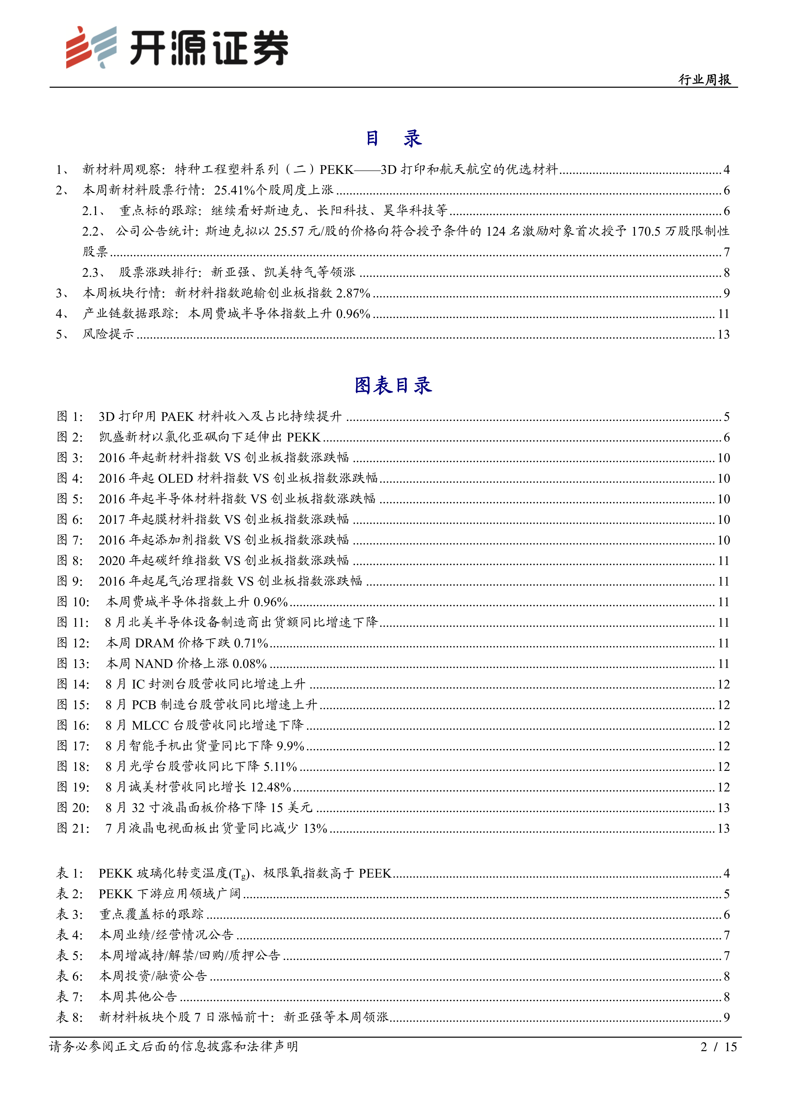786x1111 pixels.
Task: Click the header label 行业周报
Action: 704,79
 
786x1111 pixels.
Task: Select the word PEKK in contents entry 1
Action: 337,169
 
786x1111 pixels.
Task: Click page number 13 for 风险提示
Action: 723,334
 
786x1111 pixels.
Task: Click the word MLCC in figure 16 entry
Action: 150,725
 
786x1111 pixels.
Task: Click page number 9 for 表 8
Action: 726,1017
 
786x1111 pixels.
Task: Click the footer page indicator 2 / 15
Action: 718,1047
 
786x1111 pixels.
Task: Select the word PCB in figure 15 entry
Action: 144,705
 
